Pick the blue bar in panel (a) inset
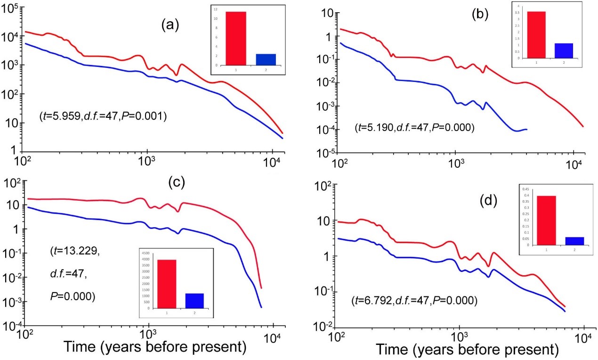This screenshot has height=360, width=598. click(266, 59)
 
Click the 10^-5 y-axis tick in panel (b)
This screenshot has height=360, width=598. click(323, 153)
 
